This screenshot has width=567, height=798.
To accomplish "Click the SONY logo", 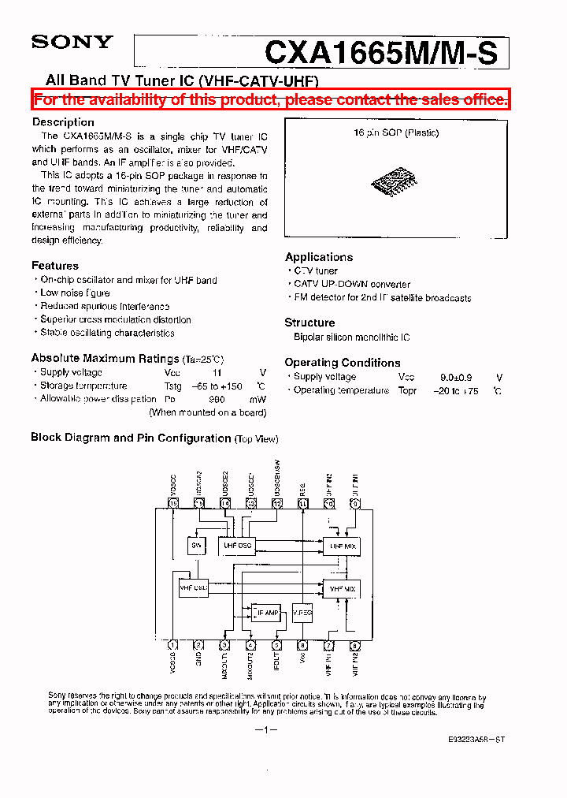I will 72,42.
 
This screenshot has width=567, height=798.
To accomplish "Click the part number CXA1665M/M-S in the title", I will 381,53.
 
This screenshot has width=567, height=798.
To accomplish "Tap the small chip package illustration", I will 395,181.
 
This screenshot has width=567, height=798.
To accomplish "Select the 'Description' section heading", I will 63,122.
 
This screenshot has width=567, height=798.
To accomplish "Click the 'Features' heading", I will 55,266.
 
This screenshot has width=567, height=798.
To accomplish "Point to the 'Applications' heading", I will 319,257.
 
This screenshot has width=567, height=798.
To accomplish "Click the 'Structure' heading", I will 309,323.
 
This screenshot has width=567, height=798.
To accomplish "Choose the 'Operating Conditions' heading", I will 343,363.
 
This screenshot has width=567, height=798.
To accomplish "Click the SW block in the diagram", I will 196,545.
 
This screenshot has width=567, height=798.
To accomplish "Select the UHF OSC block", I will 237,545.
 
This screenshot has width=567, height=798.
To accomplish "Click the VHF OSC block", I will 194,587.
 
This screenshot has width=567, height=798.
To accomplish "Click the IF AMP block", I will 267,612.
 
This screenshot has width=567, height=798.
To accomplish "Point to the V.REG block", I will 302,612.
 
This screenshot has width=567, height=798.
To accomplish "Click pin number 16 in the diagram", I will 173,503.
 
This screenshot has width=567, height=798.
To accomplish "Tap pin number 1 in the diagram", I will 173,645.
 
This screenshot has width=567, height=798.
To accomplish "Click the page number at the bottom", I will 268,730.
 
